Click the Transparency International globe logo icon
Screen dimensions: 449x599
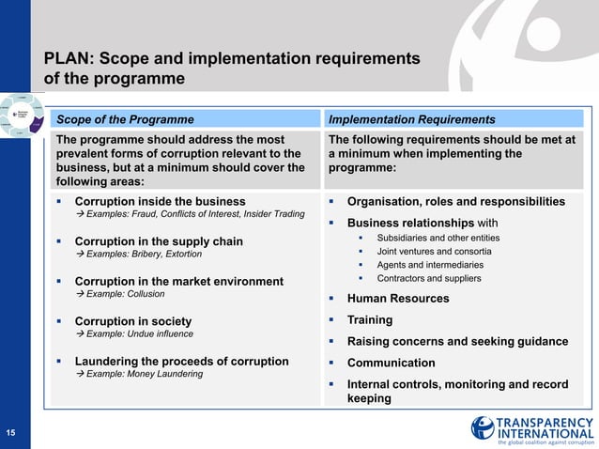(x=483, y=427)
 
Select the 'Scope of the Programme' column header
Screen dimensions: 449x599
(x=126, y=119)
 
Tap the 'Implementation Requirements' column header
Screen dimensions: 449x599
(x=411, y=119)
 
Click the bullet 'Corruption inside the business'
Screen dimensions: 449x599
(x=160, y=201)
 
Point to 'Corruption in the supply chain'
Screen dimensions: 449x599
(x=158, y=241)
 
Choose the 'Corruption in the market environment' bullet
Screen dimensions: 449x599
(x=178, y=281)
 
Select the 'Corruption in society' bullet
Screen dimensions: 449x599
(x=132, y=321)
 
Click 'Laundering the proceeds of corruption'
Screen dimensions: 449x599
(x=181, y=361)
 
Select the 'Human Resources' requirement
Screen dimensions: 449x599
(x=398, y=299)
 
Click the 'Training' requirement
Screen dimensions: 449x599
(x=370, y=319)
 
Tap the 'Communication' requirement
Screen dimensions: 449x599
(x=391, y=363)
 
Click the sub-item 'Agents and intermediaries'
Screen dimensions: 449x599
(x=430, y=265)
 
